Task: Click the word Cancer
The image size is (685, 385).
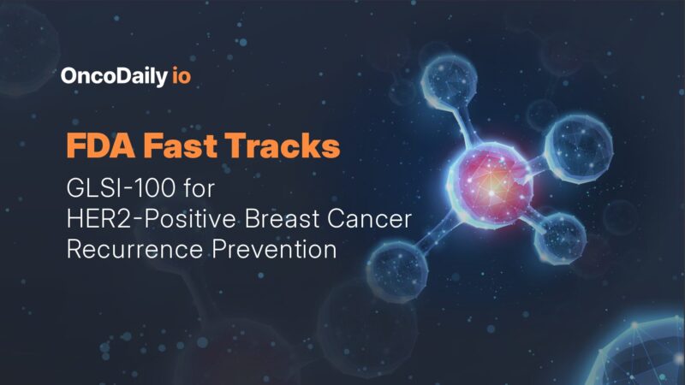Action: click(x=373, y=220)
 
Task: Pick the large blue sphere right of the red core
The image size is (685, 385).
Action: click(x=580, y=145)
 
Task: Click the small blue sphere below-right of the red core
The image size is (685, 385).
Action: click(x=559, y=235)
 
